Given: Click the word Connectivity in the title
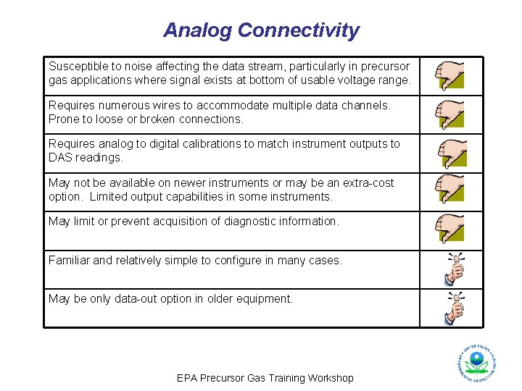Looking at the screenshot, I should click(x=298, y=30).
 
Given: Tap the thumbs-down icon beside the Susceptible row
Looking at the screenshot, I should click(x=449, y=75).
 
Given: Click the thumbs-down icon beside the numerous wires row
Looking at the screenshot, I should click(x=449, y=114).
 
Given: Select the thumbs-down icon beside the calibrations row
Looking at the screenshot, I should click(x=452, y=153).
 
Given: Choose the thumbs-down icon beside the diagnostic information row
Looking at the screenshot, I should click(x=449, y=230).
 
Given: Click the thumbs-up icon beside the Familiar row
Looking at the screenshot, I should click(x=455, y=269).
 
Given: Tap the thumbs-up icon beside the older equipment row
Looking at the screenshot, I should click(x=455, y=308).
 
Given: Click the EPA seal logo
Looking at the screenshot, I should click(x=476, y=362).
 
